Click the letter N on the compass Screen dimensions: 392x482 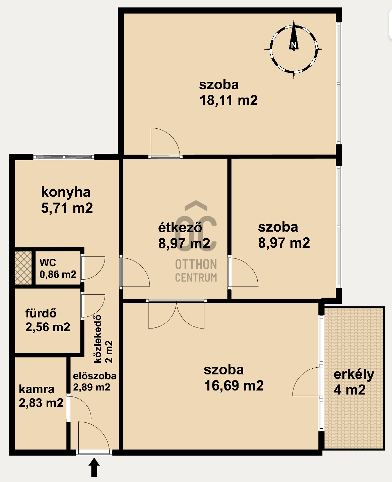pos(293,45)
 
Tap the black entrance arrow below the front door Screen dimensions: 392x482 pos(94,468)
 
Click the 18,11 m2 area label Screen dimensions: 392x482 pos(228,100)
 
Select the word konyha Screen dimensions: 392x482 pos(66,193)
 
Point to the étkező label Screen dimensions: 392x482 pos(180,227)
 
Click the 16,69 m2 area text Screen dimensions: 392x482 pos(234,385)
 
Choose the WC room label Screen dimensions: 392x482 pos(48,262)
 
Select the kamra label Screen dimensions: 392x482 pos(37,389)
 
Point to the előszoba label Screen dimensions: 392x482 pos(94,376)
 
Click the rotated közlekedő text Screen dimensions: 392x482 pos(98,339)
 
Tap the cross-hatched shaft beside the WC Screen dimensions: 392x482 pos(23,268)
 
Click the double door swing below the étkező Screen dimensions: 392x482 pos(177,314)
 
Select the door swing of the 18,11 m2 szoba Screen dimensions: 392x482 pos(166,142)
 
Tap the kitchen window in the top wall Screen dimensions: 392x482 pos(64,157)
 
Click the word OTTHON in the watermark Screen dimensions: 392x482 pos(196,264)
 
